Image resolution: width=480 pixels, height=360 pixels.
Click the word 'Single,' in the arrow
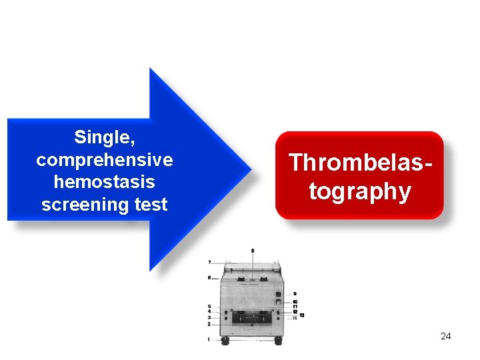tap(104, 137)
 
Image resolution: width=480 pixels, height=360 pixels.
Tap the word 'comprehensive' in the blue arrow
tap(104, 160)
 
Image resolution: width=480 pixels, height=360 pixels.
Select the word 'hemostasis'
tap(104, 182)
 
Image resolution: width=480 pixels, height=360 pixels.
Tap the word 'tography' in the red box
tap(360, 191)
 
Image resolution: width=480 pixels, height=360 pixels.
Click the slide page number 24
tap(445, 336)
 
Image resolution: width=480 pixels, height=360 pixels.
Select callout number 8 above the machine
tap(253, 251)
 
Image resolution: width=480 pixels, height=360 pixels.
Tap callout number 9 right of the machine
tap(295, 293)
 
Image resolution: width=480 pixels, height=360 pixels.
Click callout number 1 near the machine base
tap(209, 339)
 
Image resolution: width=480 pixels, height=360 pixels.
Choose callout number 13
tap(302, 314)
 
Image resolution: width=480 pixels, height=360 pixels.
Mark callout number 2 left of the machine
tap(209, 324)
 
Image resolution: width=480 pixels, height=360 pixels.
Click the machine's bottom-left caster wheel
tap(225, 341)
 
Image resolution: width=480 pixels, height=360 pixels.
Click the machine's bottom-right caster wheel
tap(277, 341)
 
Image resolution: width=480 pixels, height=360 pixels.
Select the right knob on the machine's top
tap(265, 279)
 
